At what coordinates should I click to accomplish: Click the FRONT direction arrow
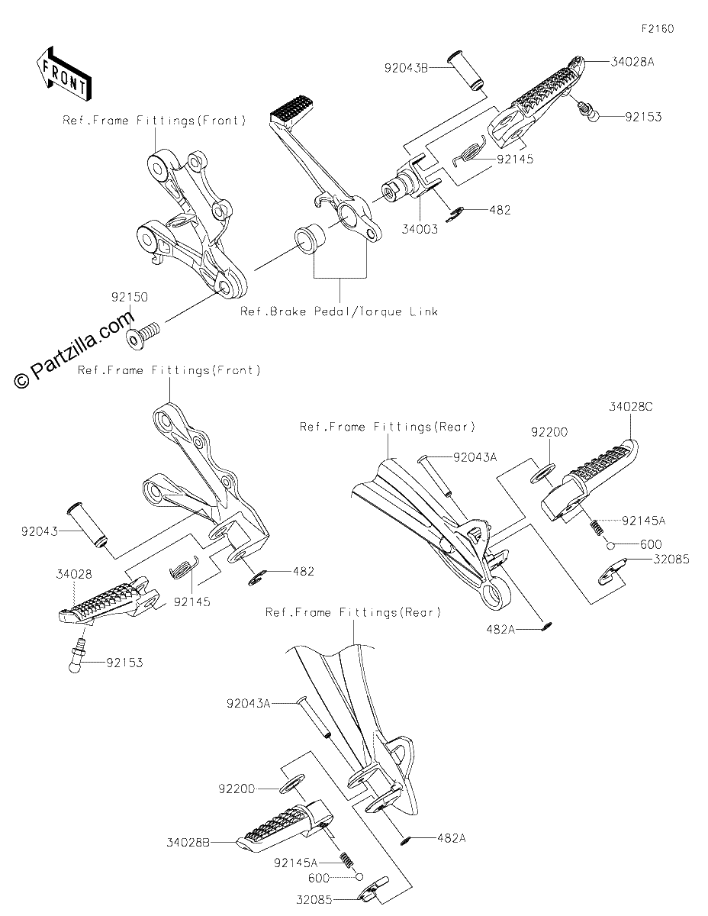point(63,74)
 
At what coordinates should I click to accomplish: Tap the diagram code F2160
point(658,29)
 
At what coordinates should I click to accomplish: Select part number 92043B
point(406,68)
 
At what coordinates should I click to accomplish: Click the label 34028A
point(632,62)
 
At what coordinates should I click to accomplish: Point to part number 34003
point(420,230)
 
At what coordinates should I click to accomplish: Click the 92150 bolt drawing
point(143,332)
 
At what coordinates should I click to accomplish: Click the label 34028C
point(630,407)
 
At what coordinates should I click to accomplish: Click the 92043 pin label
point(40,532)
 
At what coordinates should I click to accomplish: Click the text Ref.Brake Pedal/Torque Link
point(339,311)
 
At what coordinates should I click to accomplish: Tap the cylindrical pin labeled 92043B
point(465,71)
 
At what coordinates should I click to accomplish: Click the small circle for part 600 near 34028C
point(611,546)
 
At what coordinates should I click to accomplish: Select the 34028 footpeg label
point(74,574)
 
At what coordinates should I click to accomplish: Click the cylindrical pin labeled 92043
point(87,525)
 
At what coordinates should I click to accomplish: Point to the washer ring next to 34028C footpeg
point(542,473)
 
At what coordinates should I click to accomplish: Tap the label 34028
point(74,574)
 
